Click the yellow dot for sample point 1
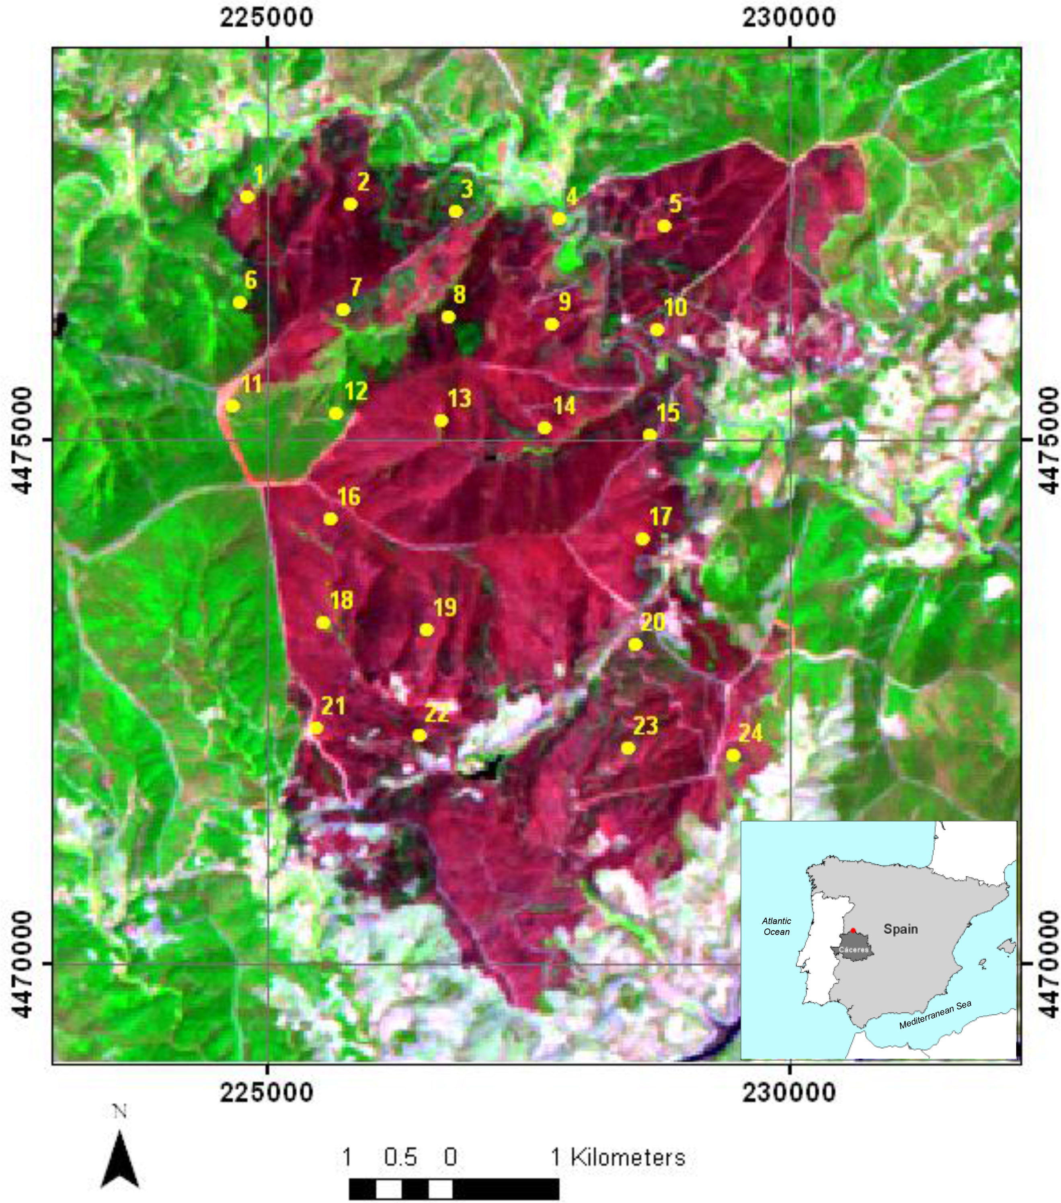pyautogui.click(x=247, y=197)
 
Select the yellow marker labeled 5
pyautogui.click(x=664, y=226)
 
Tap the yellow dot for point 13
pyautogui.click(x=441, y=420)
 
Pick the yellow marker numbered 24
pyautogui.click(x=733, y=755)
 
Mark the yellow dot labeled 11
pyautogui.click(x=232, y=406)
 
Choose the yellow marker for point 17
pyautogui.click(x=642, y=539)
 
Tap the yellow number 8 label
pyautogui.click(x=459, y=294)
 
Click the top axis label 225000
pyautogui.click(x=267, y=18)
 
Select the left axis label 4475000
pyautogui.click(x=21, y=440)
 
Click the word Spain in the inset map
pyautogui.click(x=900, y=929)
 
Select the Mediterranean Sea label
pyautogui.click(x=935, y=1015)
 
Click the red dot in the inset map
pyautogui.click(x=853, y=930)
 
